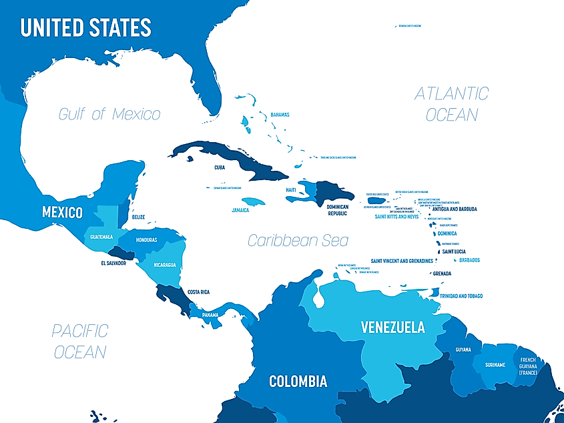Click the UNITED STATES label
click(85, 27)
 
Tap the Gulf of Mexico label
click(109, 114)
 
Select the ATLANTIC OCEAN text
click(452, 103)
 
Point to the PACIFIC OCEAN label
click(80, 340)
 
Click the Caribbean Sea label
click(298, 240)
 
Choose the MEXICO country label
click(62, 213)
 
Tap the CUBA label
click(219, 168)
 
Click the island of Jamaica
click(254, 201)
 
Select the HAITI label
click(291, 190)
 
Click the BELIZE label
click(138, 217)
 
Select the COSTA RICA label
click(199, 292)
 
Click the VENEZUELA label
click(392, 327)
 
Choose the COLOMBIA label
click(298, 382)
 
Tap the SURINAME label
click(495, 364)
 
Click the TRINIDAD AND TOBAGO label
click(461, 296)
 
